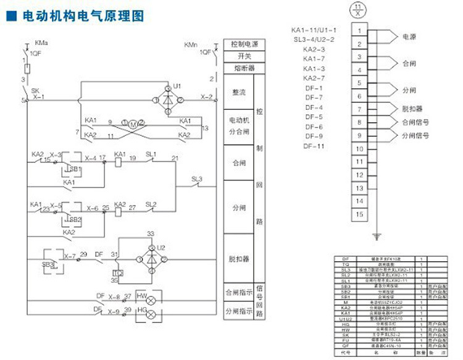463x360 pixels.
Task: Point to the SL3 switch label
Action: coord(196,179)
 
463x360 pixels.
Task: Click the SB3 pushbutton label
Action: coord(49,264)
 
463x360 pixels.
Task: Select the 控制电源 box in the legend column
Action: coord(244,45)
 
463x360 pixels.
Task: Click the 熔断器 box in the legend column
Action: coord(244,68)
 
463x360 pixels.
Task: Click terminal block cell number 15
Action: coord(359,214)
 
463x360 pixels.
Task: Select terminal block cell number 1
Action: coord(359,30)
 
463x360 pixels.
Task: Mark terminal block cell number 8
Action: coord(359,122)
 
